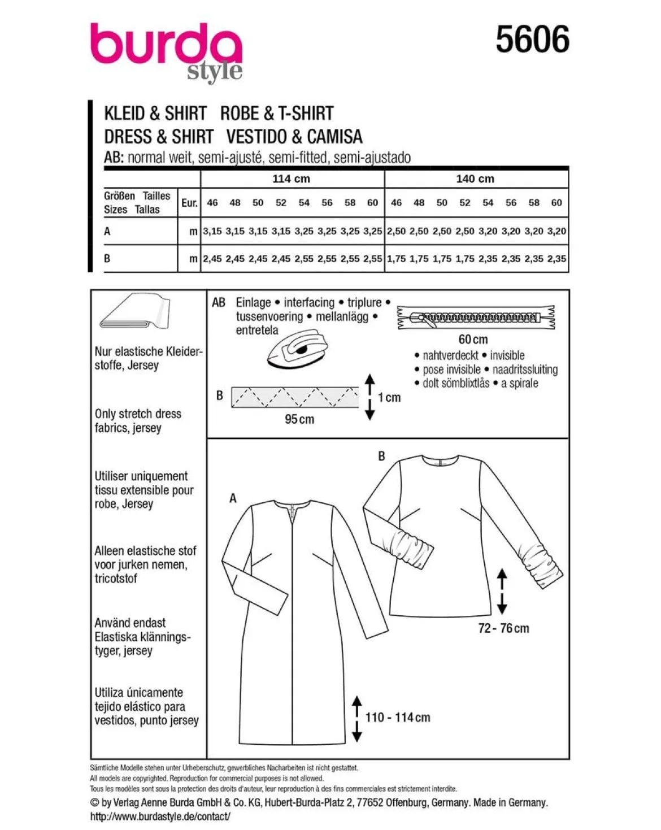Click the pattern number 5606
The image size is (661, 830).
pyautogui.click(x=532, y=39)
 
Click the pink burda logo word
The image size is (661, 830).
pyautogui.click(x=166, y=43)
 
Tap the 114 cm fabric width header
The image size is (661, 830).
pyautogui.click(x=291, y=179)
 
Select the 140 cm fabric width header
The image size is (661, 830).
pyautogui.click(x=475, y=179)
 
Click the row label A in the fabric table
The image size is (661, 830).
pyautogui.click(x=107, y=231)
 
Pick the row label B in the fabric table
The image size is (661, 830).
pyautogui.click(x=107, y=258)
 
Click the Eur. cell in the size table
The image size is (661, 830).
pyautogui.click(x=189, y=202)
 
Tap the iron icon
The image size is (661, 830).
pyautogui.click(x=297, y=348)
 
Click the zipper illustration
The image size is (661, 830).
pyautogui.click(x=476, y=318)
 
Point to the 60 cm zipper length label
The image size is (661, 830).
pyautogui.click(x=473, y=340)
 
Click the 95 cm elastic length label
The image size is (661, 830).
pyautogui.click(x=299, y=419)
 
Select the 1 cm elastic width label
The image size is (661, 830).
pyautogui.click(x=389, y=397)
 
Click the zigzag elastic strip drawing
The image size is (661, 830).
pyautogui.click(x=295, y=397)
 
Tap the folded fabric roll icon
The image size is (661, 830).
pyautogui.click(x=134, y=311)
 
